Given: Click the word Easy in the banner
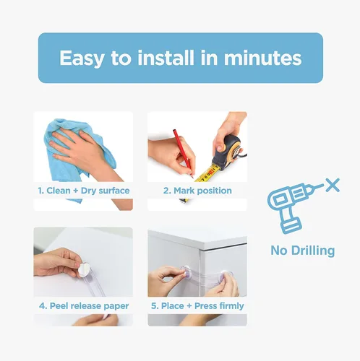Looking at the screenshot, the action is click(x=82, y=58).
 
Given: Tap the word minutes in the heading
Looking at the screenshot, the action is click(x=262, y=58).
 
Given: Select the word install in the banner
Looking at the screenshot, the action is click(x=166, y=57).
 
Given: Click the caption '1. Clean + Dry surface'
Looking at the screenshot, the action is click(x=84, y=191).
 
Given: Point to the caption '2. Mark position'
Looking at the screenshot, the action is click(x=197, y=191).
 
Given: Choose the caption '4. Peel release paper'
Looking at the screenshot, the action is click(x=84, y=306).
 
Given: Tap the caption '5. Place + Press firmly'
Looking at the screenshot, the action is click(x=197, y=306).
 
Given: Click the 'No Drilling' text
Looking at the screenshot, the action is click(x=303, y=251).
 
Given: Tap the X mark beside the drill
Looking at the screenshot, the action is click(x=333, y=185).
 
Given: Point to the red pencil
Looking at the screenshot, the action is click(x=183, y=154).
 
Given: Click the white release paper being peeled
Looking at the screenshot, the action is click(x=84, y=269).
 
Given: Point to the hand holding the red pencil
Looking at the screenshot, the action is click(x=171, y=157).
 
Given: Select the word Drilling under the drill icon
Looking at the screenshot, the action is click(x=313, y=251).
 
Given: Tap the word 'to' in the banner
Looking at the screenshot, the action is click(x=121, y=58).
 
